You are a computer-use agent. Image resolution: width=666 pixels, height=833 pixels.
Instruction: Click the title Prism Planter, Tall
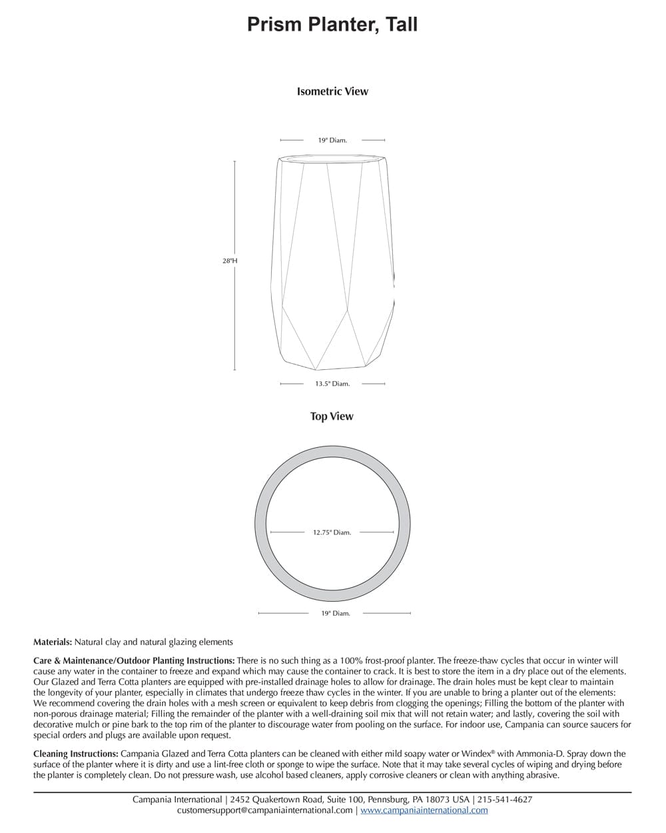[x=332, y=25]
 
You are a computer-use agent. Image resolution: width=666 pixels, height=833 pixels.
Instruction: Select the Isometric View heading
[x=332, y=91]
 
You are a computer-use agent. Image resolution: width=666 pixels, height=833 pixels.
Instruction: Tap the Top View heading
[x=332, y=416]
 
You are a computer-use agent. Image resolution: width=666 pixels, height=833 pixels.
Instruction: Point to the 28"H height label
[x=229, y=261]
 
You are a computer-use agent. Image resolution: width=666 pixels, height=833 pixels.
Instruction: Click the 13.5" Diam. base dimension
[x=332, y=384]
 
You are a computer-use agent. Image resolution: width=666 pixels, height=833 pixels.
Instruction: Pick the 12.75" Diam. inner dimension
[x=332, y=532]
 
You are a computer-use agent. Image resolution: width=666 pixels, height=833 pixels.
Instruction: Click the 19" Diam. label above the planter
[x=332, y=141]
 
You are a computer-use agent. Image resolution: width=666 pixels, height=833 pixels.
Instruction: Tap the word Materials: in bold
[x=53, y=642]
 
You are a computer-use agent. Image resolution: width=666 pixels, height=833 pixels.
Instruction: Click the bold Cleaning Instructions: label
[x=76, y=754]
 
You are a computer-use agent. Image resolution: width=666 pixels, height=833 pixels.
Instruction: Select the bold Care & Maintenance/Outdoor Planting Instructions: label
[x=134, y=660]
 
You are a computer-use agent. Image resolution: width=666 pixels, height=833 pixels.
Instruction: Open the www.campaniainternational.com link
[x=424, y=810]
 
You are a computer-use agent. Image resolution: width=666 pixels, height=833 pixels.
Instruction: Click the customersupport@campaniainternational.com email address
[x=264, y=810]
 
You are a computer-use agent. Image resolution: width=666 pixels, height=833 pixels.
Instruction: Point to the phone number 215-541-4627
[x=505, y=800]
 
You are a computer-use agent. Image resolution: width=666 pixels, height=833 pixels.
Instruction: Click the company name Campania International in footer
[x=176, y=800]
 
